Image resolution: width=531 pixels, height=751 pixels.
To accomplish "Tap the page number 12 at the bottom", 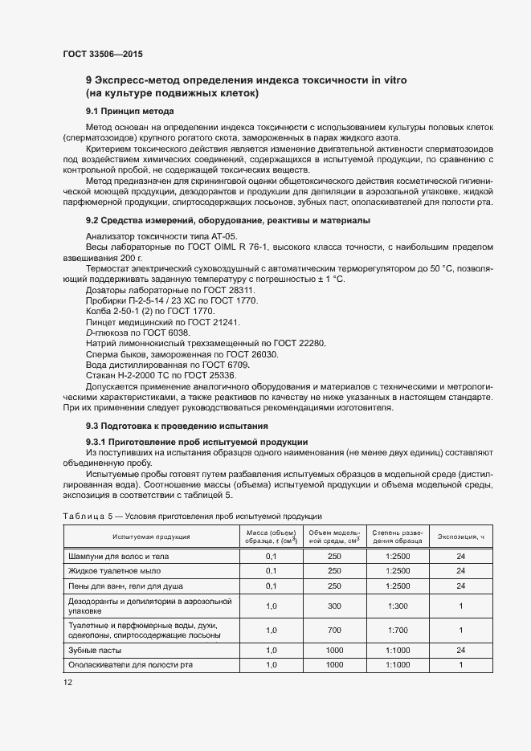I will [x=67, y=682].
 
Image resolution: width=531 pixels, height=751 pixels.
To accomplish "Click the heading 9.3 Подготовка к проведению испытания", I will [x=177, y=425].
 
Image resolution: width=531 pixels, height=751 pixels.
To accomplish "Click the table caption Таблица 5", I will [x=85, y=516].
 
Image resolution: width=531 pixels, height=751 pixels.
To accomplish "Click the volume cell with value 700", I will [x=334, y=631].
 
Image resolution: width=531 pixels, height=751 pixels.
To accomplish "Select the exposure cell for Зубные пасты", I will [x=461, y=650].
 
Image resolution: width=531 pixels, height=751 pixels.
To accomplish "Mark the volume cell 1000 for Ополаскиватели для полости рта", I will [x=334, y=665].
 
